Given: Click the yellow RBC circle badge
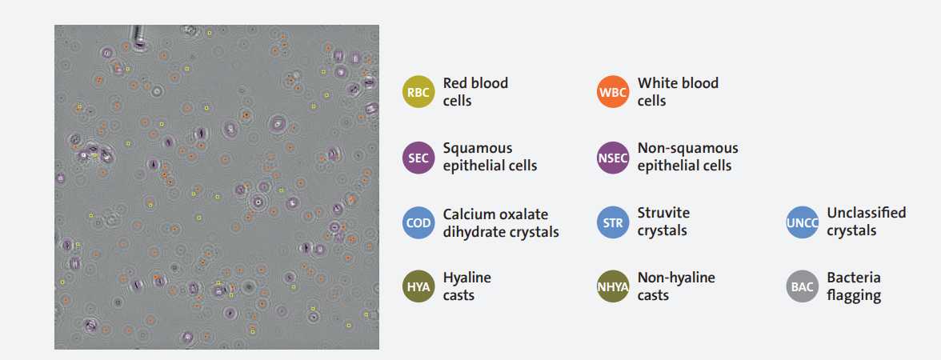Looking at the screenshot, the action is point(418,93).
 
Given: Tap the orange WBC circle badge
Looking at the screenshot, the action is point(613,93).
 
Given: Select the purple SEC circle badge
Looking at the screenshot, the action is point(418,158).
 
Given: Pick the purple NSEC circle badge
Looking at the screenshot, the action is point(613,158).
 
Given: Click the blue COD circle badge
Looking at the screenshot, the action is point(418,222).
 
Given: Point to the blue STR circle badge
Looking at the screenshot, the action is point(613,222).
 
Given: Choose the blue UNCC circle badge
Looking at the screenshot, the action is point(803,222).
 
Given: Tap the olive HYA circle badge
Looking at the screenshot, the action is point(418,286).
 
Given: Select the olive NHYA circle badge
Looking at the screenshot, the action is point(613,286).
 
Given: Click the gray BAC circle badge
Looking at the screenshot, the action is point(803,286).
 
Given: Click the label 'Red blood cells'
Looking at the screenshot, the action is point(475,92).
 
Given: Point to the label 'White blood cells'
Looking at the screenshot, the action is point(679,92).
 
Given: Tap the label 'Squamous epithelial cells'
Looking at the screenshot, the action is point(490,157).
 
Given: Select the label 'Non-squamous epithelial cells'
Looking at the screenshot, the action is point(688,157).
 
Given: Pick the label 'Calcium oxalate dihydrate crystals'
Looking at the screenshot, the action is point(501,222).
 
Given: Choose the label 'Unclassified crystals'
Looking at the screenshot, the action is point(867,222).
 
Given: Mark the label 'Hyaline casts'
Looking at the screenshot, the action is point(467,286).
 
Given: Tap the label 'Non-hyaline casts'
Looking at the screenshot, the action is point(676,286).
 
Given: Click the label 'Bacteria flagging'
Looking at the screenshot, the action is point(854,286).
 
